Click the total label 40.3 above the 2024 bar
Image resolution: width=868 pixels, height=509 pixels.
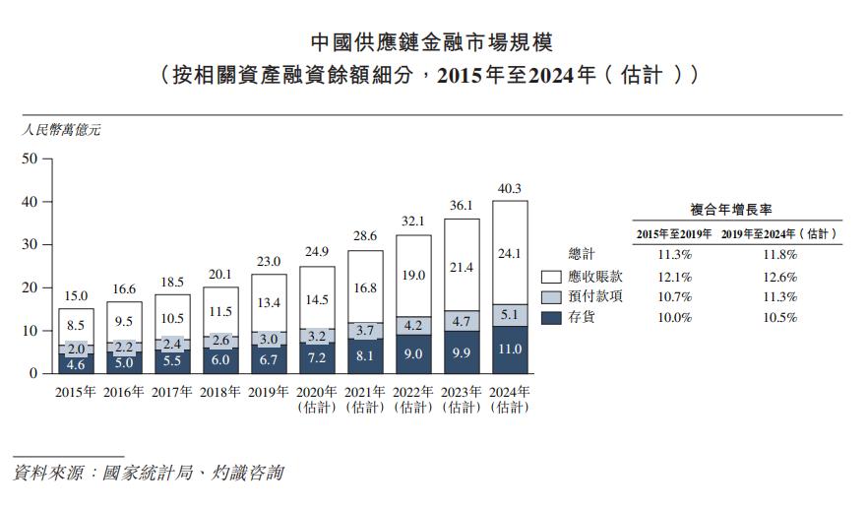[x=510, y=188]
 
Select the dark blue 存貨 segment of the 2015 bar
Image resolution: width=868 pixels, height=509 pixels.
[x=75, y=363]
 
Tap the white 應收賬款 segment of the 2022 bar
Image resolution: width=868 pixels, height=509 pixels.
[x=413, y=276]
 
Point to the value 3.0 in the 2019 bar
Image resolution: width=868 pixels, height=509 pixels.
[x=269, y=338]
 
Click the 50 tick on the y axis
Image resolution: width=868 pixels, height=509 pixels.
[x=29, y=158]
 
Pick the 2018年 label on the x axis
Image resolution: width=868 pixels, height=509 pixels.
[x=220, y=392]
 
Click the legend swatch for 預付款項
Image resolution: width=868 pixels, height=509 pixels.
[x=550, y=297]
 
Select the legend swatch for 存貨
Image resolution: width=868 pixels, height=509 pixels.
[x=550, y=317]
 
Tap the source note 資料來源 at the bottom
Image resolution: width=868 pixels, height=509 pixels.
[x=148, y=474]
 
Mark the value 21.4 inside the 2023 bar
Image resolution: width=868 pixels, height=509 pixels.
[x=462, y=267]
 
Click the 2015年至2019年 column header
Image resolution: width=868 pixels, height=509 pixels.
[x=674, y=234]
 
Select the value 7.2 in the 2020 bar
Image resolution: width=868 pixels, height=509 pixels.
[x=317, y=357]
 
